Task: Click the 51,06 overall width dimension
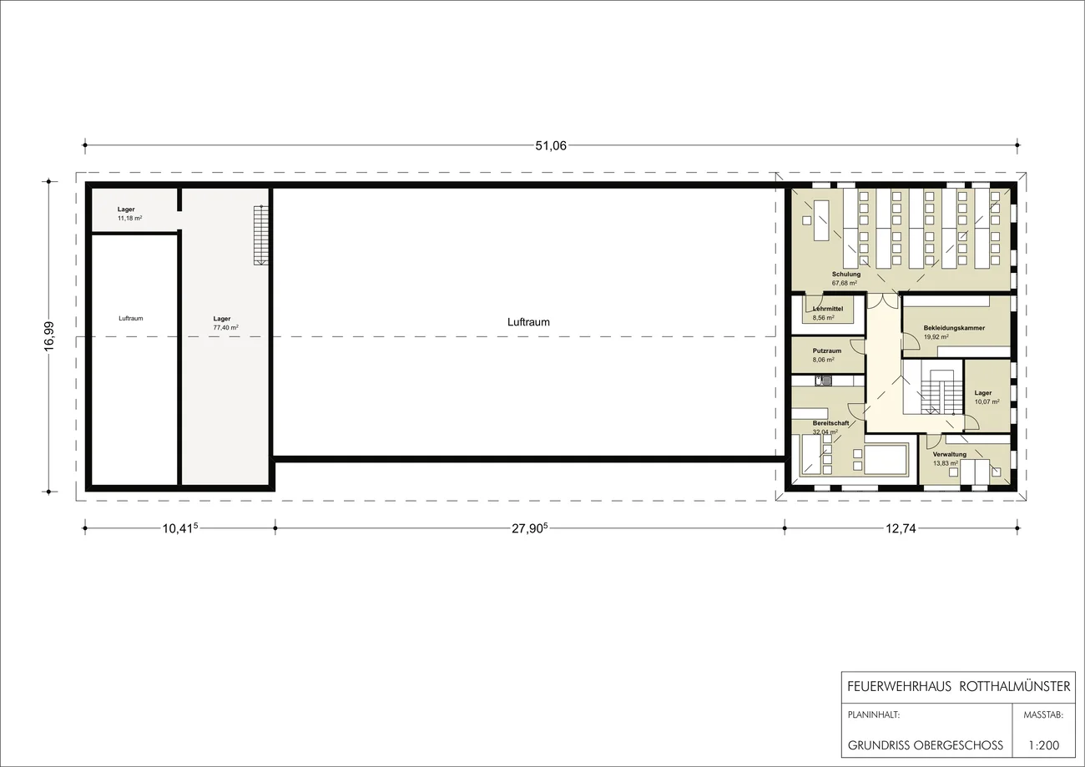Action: tap(551, 146)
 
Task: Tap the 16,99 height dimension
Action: tap(49, 336)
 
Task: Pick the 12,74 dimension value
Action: tap(901, 528)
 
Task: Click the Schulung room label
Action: tap(846, 274)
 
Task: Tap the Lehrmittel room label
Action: tap(828, 309)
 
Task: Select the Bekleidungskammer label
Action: tap(954, 328)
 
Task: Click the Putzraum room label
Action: tap(827, 351)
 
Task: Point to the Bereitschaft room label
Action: tap(830, 422)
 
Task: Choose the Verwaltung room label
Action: tap(950, 454)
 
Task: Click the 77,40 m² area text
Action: tap(225, 328)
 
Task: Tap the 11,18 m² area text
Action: tap(130, 219)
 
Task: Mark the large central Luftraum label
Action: tap(528, 322)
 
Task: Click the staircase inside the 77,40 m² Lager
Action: tap(261, 235)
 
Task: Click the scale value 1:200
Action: tap(1044, 744)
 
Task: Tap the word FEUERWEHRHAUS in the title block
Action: tap(899, 686)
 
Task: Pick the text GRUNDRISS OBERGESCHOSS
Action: tap(925, 744)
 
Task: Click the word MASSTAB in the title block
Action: tap(1043, 714)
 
